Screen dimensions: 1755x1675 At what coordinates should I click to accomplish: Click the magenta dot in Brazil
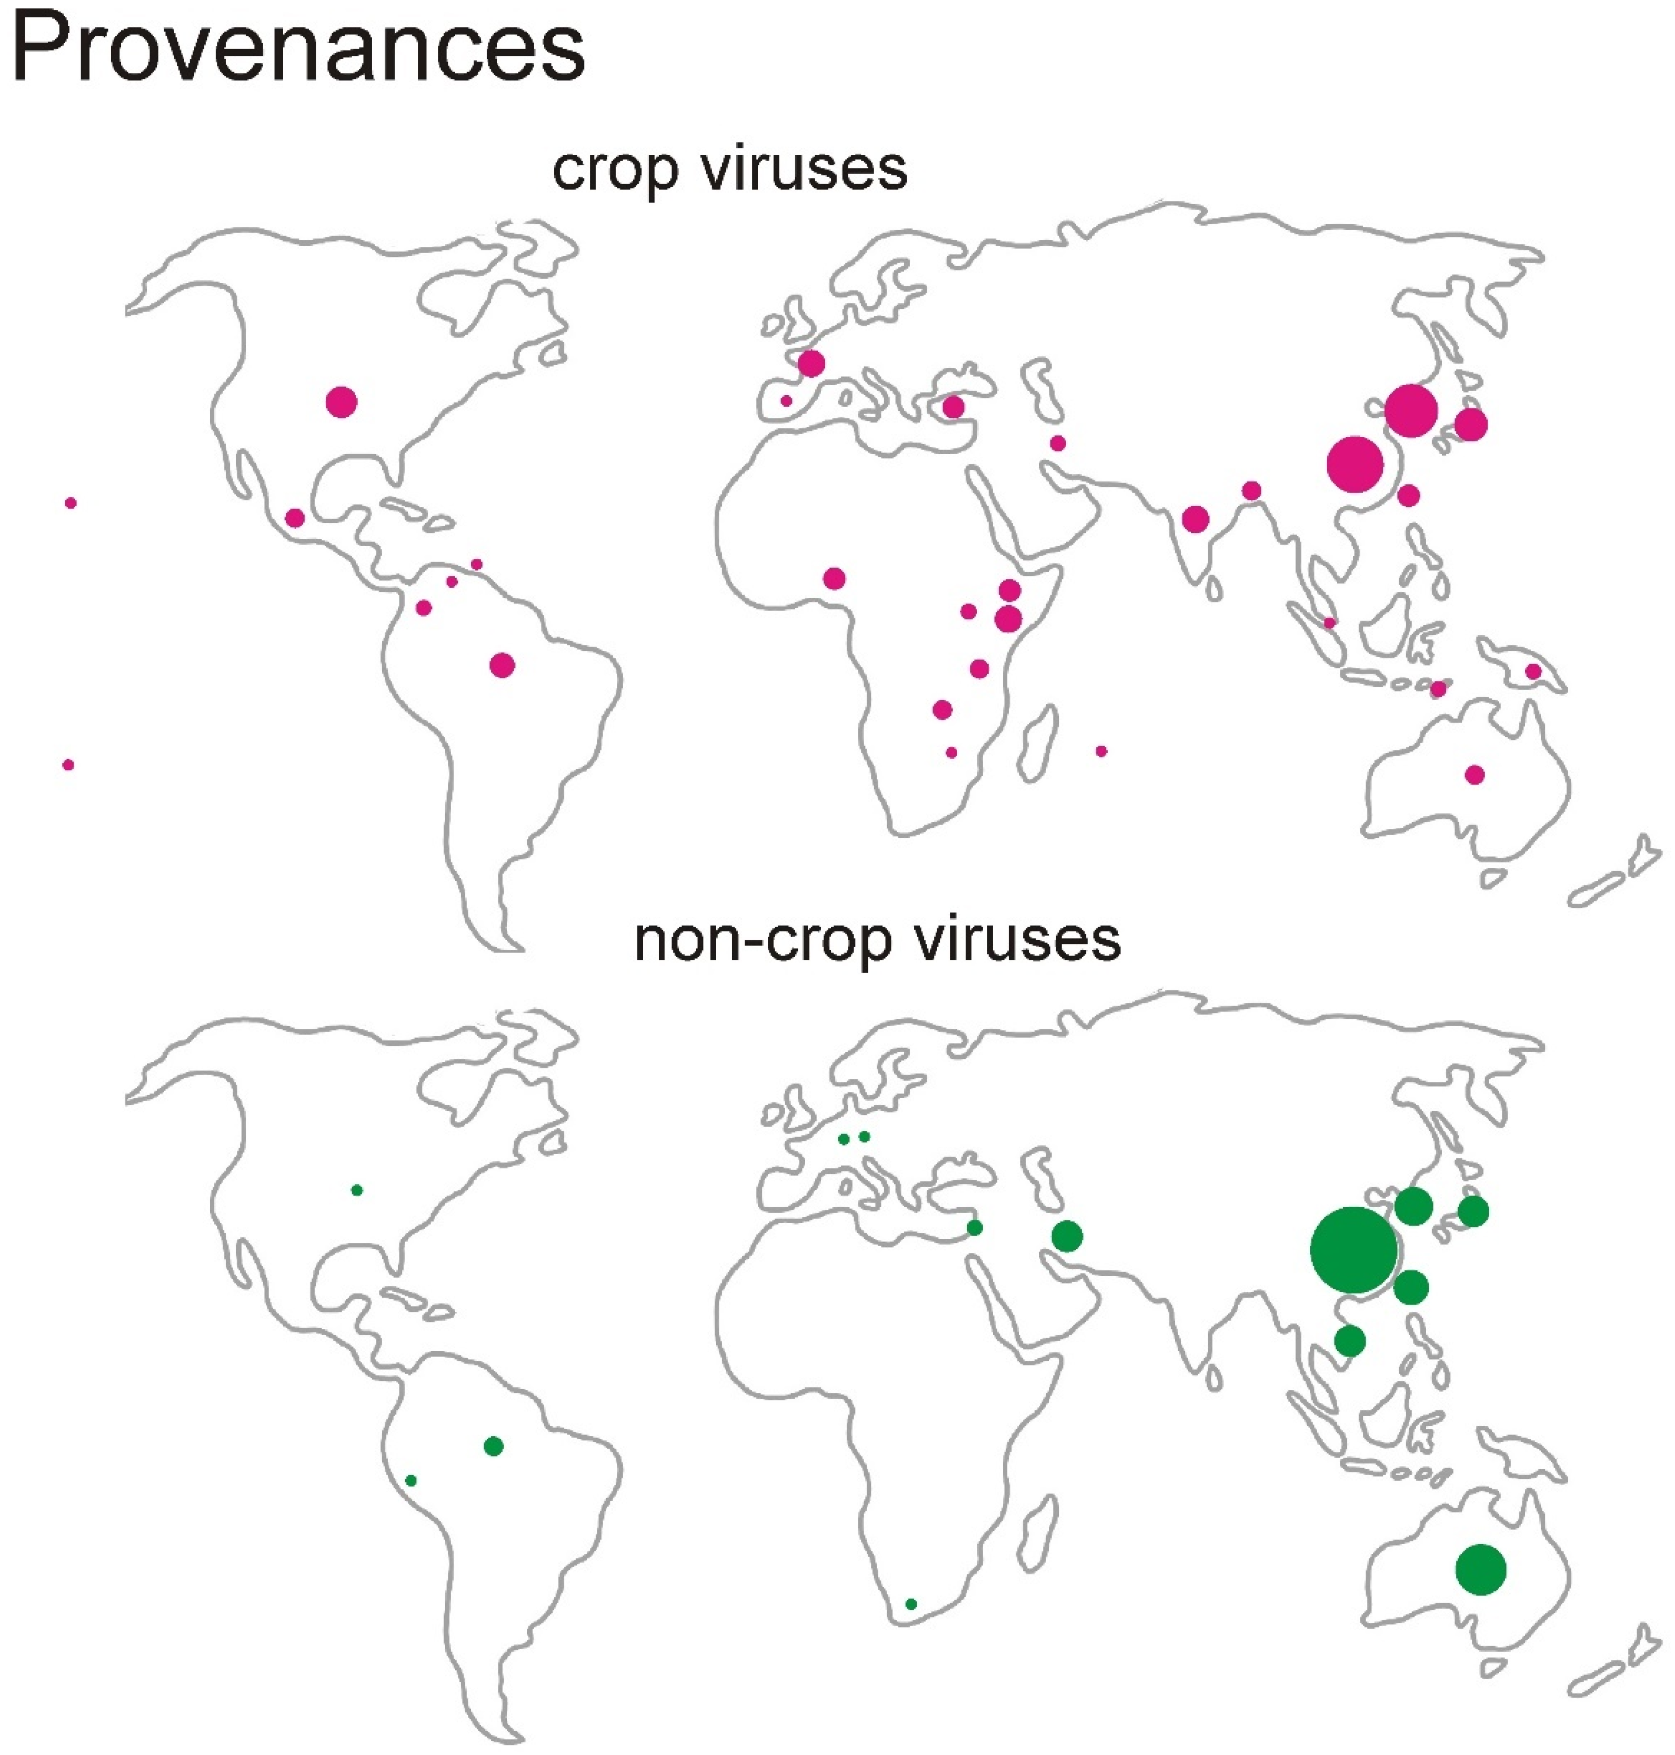tap(503, 665)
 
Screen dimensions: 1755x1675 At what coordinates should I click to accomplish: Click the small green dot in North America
tap(357, 1190)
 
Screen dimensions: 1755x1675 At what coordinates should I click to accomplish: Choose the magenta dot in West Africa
tap(835, 578)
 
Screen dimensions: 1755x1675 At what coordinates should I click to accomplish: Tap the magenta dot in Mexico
tap(295, 518)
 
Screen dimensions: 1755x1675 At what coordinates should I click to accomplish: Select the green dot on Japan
tap(1474, 1211)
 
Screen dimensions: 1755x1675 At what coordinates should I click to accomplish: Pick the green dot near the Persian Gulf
tap(1068, 1236)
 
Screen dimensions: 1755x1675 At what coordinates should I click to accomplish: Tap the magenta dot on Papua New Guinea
tap(1533, 671)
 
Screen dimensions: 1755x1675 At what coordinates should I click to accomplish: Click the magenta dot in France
tap(811, 363)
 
